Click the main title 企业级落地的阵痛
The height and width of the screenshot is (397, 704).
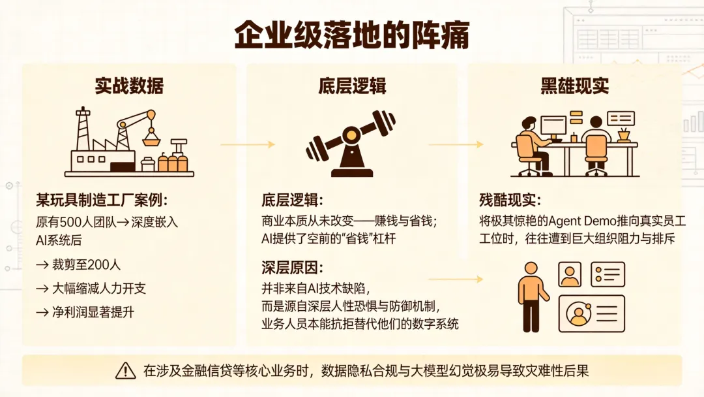(352, 37)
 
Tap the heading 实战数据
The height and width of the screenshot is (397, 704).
(129, 86)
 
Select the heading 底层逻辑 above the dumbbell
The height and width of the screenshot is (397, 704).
(351, 86)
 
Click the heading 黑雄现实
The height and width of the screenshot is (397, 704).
(574, 86)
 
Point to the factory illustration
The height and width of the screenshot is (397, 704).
(129, 144)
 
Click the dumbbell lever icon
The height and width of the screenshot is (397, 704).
(351, 144)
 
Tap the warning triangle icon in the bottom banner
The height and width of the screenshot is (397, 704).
(125, 371)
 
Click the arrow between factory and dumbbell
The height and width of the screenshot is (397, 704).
(248, 144)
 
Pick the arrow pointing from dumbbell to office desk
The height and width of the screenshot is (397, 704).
(456, 144)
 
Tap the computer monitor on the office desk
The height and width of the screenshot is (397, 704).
(553, 125)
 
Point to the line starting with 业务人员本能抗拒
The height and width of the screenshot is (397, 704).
(360, 323)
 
